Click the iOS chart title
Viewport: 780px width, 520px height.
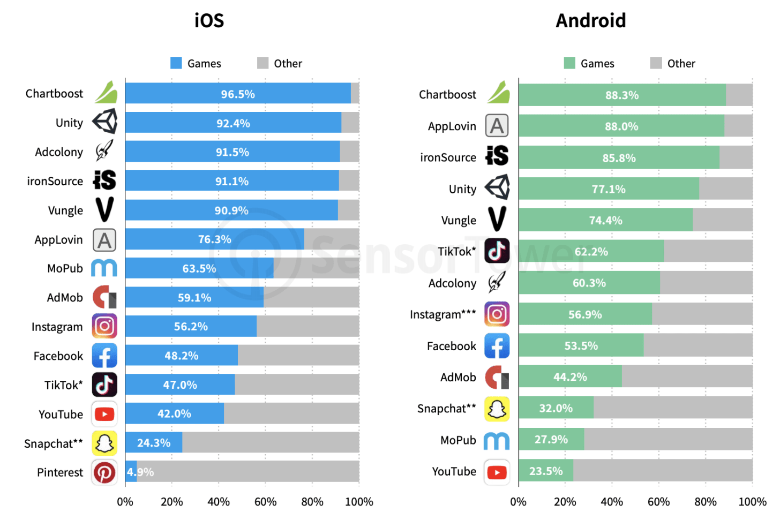209,20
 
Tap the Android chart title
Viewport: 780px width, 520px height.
590,20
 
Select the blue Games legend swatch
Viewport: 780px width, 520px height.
176,63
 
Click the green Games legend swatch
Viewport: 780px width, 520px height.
569,63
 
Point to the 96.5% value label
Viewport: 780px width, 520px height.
238,94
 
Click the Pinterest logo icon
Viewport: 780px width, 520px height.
104,472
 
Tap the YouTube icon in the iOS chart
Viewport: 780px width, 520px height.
104,414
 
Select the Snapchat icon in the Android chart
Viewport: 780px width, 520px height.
497,409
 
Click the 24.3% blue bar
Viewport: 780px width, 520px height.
154,442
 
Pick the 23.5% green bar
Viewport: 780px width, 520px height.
546,471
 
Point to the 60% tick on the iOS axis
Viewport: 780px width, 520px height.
265,502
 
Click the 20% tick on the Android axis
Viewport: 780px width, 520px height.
565,502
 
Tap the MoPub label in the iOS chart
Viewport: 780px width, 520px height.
65,268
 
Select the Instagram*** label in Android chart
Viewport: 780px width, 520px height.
442,314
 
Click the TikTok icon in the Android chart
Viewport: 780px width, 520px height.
497,251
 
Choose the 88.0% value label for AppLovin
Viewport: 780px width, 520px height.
621,126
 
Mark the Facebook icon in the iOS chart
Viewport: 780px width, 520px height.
104,356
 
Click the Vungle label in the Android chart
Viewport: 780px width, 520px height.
459,220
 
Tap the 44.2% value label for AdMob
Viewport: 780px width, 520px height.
570,377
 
